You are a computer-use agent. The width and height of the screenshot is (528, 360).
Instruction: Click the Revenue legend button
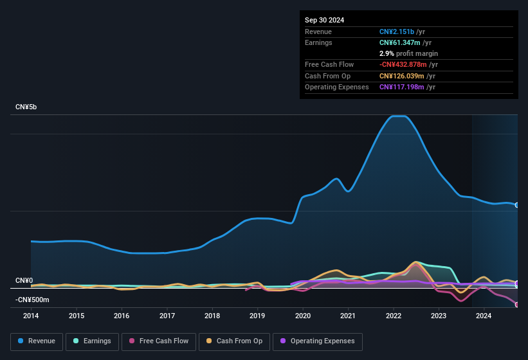point(37,341)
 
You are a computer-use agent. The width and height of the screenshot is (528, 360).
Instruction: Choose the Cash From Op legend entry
point(235,341)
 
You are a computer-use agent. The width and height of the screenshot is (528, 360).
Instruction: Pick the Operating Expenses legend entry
point(317,341)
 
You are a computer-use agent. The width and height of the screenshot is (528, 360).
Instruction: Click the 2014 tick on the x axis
point(31,316)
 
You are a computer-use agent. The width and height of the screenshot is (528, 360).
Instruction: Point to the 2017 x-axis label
point(167,316)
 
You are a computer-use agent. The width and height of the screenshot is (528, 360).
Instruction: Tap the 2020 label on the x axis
point(303,316)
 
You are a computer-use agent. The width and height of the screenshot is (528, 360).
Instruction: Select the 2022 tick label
point(394,316)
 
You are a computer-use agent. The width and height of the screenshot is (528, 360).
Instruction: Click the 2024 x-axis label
point(484,316)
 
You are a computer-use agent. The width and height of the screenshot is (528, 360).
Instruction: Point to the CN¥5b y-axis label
point(26,107)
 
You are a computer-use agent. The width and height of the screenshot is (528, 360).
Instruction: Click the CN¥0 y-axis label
point(24,281)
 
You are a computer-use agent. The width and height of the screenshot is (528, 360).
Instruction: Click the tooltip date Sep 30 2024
point(324,20)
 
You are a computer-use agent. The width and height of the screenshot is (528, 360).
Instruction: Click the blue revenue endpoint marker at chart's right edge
point(517,205)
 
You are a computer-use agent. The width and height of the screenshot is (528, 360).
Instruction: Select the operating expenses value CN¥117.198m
point(402,87)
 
